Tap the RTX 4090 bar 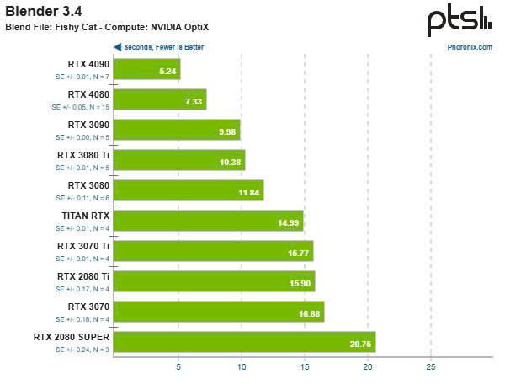click(x=146, y=69)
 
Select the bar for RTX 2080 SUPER click(x=244, y=342)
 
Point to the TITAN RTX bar click(x=208, y=221)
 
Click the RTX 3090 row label click(x=88, y=124)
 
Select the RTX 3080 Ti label click(x=83, y=154)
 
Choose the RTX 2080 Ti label click(x=83, y=275)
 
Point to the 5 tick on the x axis click(x=178, y=367)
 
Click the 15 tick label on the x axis click(x=305, y=367)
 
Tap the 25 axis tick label click(x=431, y=367)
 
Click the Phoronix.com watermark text click(x=470, y=47)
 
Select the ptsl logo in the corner click(x=459, y=20)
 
